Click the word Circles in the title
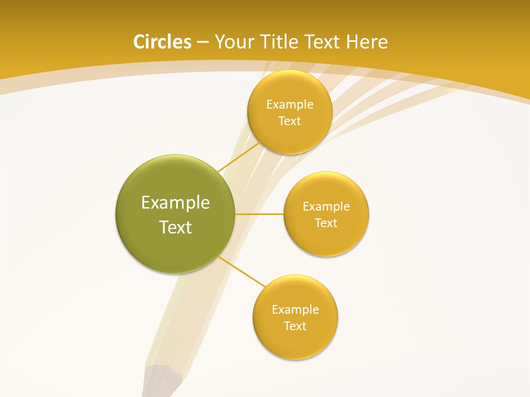pos(162,42)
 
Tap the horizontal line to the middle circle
pos(259,214)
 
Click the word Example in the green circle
pos(176,203)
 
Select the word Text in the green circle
pos(176,227)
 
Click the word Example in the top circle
pos(290,105)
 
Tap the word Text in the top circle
pos(289,121)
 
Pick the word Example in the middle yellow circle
pos(326,207)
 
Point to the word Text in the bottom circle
pos(295,326)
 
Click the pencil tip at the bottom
pos(162,383)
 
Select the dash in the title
pos(203,42)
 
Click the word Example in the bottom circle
pos(295,310)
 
